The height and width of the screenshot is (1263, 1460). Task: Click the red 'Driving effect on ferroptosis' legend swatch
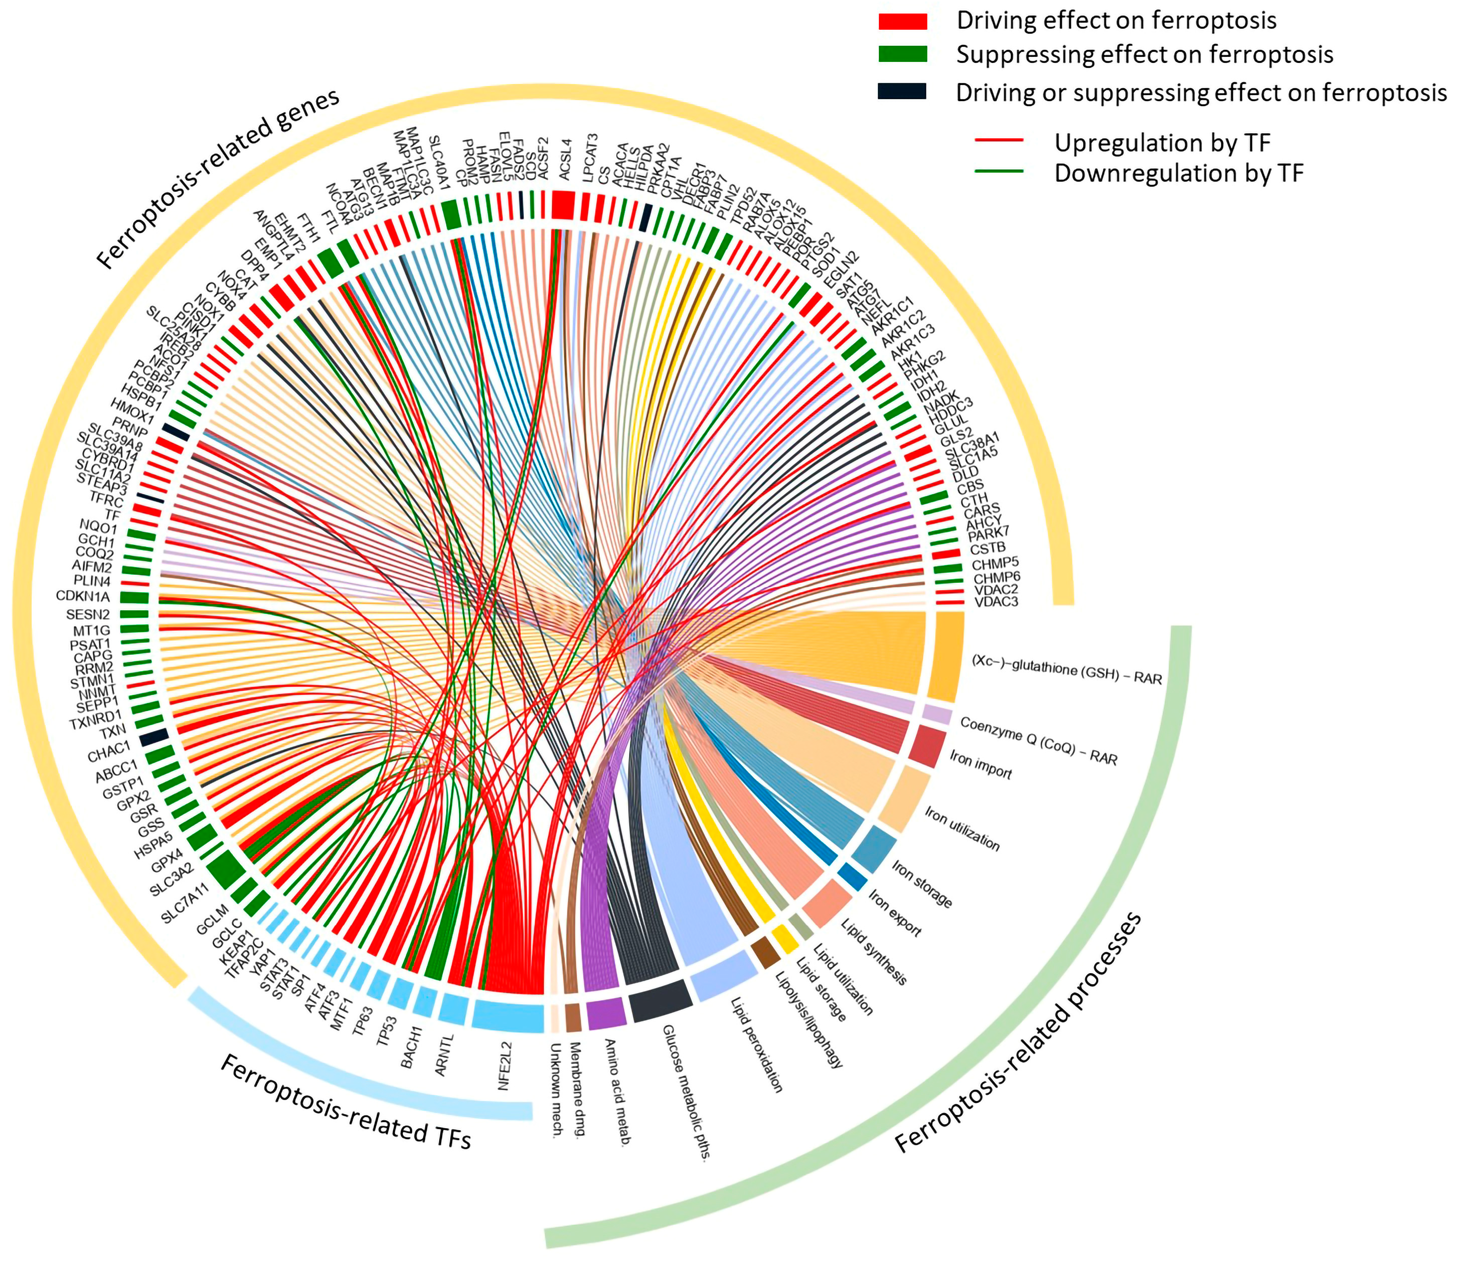(903, 21)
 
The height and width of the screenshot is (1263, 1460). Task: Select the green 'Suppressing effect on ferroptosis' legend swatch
(903, 54)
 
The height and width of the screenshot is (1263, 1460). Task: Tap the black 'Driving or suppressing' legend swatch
(902, 92)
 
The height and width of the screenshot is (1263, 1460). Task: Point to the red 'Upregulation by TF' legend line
(999, 141)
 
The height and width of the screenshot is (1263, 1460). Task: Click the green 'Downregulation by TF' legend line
(999, 171)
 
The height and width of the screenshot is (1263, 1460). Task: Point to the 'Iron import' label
(980, 765)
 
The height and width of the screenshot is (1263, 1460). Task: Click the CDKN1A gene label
(83, 596)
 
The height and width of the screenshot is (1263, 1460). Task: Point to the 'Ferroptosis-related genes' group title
(218, 180)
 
